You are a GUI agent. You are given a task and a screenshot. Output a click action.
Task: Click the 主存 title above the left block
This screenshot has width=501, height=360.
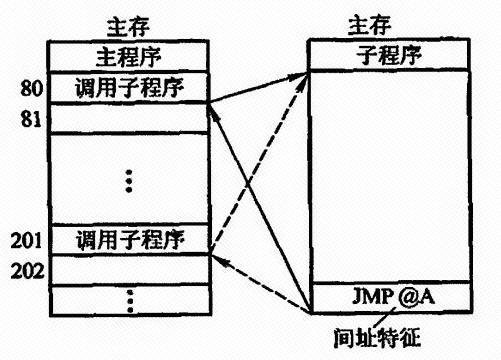128,27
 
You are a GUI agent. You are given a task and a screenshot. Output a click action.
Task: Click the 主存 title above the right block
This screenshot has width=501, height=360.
369,26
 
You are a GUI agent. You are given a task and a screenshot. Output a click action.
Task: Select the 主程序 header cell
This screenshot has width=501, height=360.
129,57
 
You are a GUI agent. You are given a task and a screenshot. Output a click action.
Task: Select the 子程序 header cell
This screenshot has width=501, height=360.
389,55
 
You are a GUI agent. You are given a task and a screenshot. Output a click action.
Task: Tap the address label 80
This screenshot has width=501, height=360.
32,89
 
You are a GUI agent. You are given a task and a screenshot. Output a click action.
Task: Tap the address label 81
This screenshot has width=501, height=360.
31,119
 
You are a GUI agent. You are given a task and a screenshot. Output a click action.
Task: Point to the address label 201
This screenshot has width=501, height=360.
26,240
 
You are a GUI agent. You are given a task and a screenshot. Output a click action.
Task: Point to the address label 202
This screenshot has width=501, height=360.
27,271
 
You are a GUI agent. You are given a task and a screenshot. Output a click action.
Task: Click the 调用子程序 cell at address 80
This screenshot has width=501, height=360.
129,87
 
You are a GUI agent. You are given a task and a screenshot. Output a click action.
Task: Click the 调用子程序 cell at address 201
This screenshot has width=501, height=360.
129,240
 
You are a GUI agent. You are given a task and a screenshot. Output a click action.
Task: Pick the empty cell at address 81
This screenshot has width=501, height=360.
129,118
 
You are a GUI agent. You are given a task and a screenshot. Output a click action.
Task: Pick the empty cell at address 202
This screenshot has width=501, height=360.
130,270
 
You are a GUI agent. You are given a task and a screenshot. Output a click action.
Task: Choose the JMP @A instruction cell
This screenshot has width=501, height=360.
391,297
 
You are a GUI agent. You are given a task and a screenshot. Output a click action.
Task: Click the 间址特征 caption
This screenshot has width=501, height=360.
377,338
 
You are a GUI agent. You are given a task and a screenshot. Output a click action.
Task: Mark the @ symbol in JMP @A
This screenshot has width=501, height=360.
408,296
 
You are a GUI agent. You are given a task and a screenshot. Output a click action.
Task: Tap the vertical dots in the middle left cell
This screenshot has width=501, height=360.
129,181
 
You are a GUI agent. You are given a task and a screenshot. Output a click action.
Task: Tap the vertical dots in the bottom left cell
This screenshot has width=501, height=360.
130,301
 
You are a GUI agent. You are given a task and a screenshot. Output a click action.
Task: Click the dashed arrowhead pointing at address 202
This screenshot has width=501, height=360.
217,259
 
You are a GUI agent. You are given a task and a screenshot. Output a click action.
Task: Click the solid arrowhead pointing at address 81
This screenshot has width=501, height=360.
212,112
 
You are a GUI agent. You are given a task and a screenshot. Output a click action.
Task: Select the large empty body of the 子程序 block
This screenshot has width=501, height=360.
390,176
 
